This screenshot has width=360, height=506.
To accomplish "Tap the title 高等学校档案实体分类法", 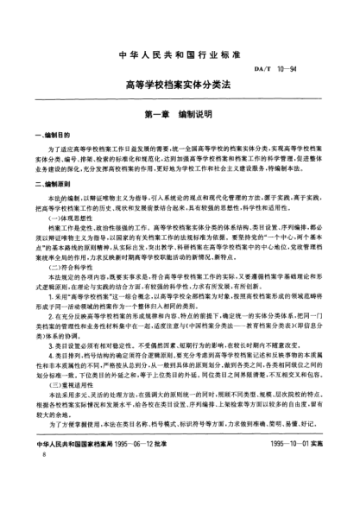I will pos(180,87).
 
